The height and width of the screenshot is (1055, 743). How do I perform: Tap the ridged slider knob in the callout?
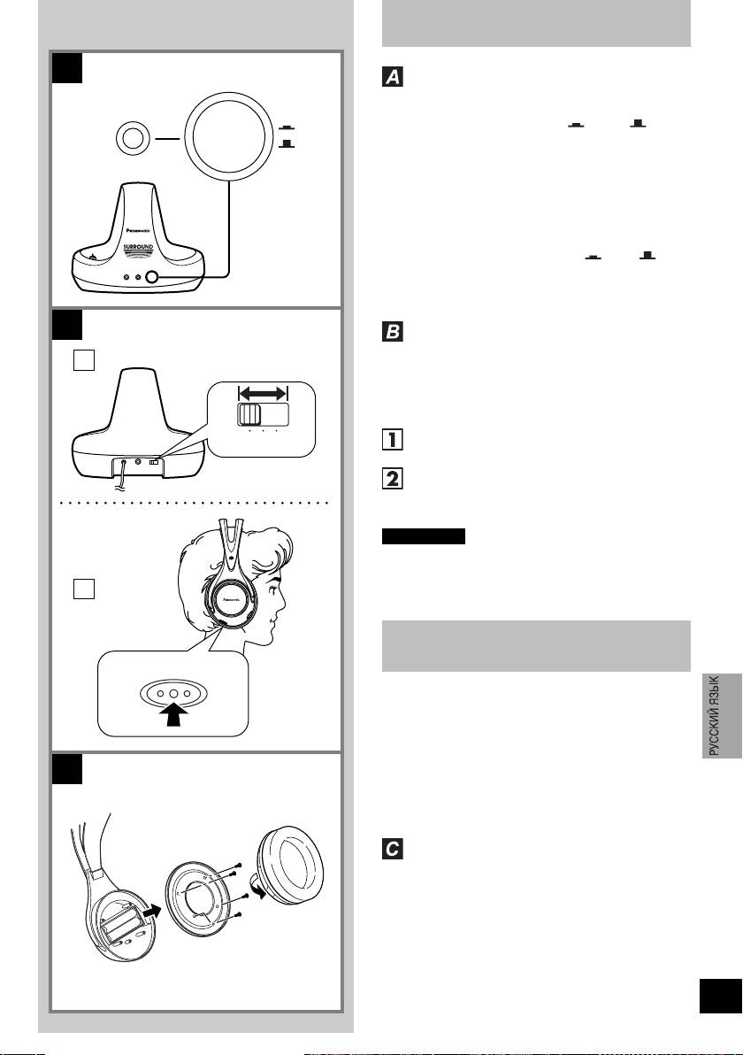[249, 416]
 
